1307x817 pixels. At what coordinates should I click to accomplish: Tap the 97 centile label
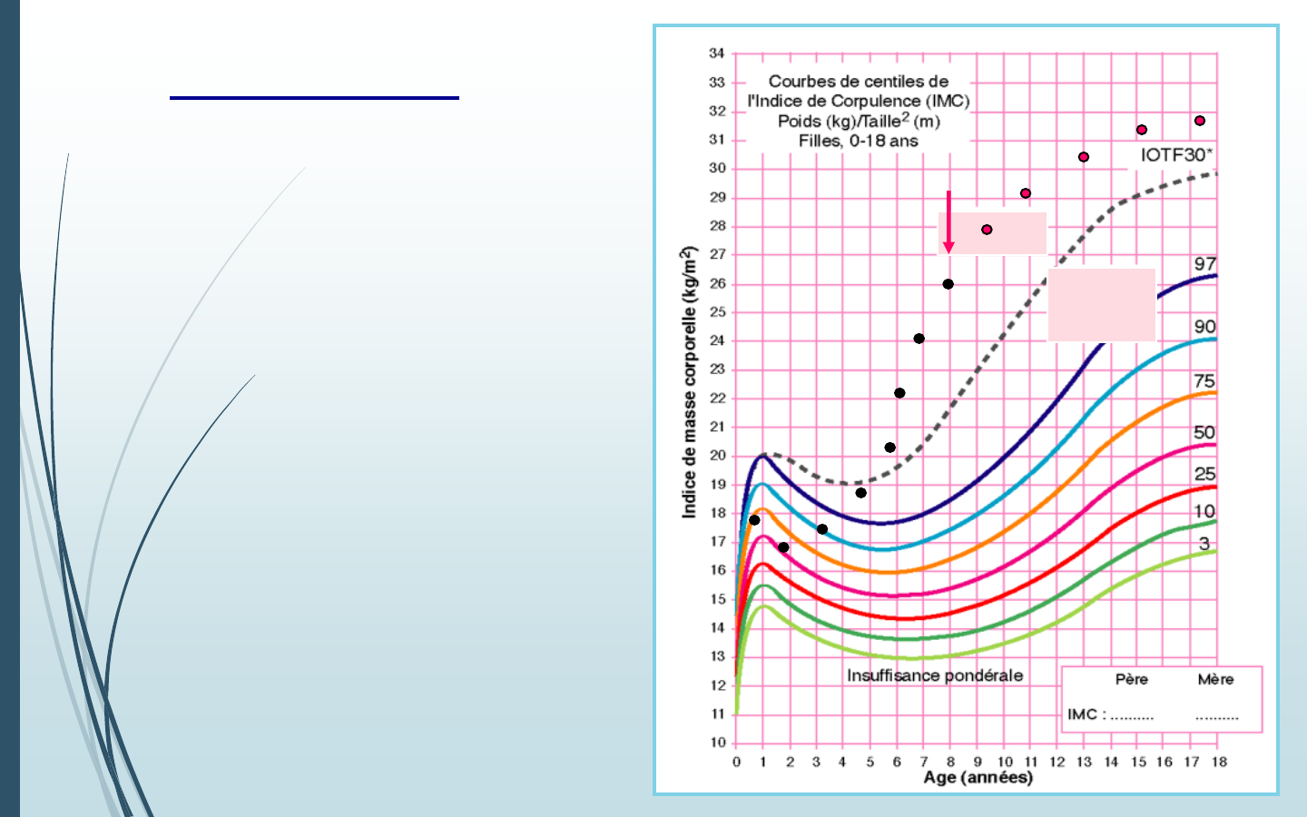click(x=1204, y=264)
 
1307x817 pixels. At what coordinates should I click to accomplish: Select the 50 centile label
click(x=1204, y=433)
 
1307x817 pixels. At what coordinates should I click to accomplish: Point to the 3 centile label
click(x=1204, y=544)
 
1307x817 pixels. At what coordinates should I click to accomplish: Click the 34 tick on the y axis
click(x=717, y=54)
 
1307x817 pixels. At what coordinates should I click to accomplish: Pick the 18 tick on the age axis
click(x=1219, y=762)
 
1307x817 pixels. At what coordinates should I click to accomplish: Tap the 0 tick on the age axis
click(x=736, y=762)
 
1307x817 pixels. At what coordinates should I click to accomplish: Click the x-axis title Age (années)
click(x=978, y=778)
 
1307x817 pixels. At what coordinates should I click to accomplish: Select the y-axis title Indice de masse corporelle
click(x=690, y=382)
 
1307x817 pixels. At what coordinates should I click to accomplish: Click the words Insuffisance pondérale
click(x=934, y=676)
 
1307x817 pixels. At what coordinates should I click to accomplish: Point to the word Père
click(x=1131, y=680)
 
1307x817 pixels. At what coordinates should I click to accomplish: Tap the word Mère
click(x=1215, y=680)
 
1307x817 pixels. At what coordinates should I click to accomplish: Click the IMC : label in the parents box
click(x=1086, y=714)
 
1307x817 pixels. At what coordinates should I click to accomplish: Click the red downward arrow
click(x=948, y=222)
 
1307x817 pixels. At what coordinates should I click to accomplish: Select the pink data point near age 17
click(x=1200, y=121)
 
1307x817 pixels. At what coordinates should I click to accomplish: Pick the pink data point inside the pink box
click(x=987, y=230)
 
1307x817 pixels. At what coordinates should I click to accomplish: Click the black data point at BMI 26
click(x=948, y=284)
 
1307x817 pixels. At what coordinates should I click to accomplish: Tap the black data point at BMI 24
click(x=919, y=339)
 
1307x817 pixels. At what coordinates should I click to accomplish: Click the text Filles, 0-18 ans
click(x=858, y=142)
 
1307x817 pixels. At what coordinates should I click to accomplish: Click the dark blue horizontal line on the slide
click(x=314, y=97)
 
